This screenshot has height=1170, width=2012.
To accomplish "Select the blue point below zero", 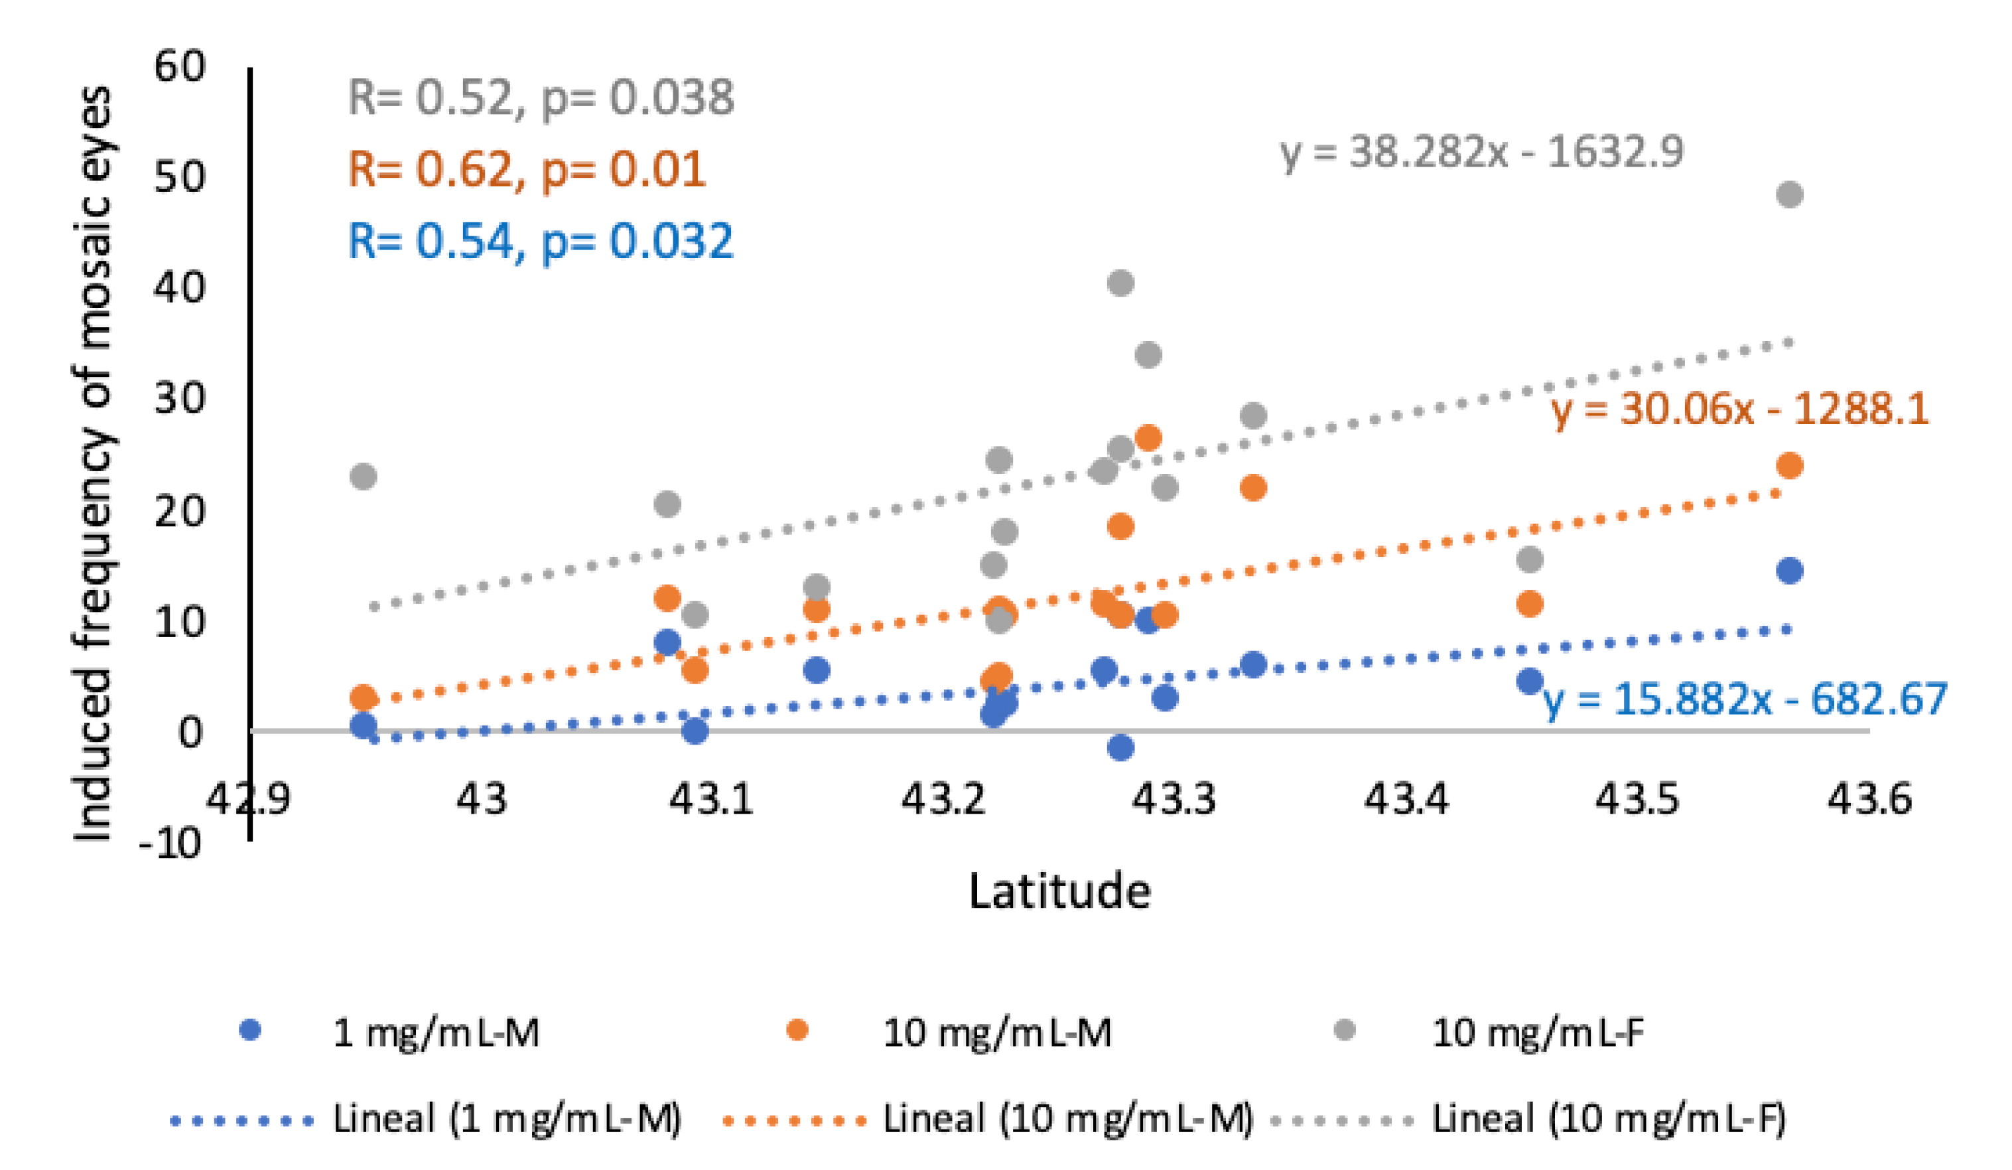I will tap(1120, 747).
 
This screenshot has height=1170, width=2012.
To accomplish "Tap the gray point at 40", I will tap(1120, 283).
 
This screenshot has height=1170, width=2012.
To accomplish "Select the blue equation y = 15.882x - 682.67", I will tap(1745, 699).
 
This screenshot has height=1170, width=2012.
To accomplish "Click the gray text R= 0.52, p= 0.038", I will tap(541, 98).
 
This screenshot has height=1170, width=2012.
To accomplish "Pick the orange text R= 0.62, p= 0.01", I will tap(527, 169).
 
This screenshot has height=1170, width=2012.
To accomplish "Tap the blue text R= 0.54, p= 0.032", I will tap(541, 241).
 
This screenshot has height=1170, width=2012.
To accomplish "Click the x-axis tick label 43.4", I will tap(1405, 798).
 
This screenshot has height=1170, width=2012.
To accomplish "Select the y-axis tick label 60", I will tap(180, 66).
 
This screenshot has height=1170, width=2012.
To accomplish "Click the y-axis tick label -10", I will tap(169, 843).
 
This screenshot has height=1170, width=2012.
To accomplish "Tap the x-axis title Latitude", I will tap(1059, 891).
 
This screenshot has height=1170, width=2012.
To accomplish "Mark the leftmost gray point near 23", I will tap(364, 476).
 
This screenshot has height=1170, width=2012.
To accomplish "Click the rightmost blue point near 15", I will tap(1789, 570).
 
